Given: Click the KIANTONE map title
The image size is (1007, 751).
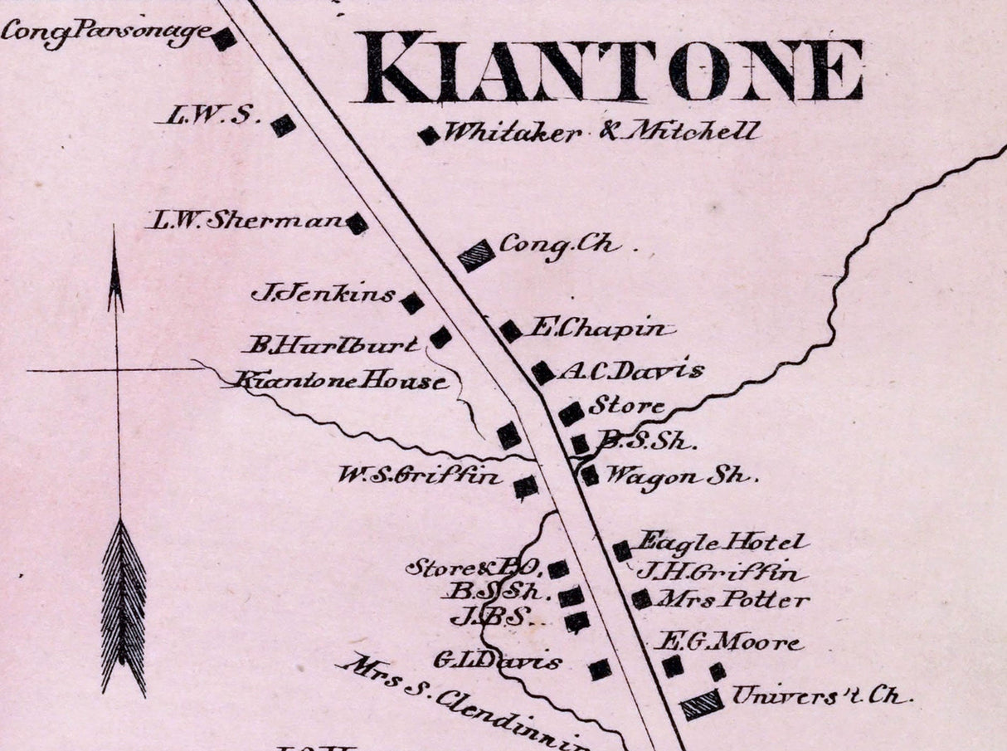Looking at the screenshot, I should tap(612, 68).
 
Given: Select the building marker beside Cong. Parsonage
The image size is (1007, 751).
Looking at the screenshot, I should tap(224, 39).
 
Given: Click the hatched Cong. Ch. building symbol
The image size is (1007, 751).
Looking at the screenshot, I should tap(477, 255).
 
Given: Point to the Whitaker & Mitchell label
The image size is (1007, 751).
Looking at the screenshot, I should tap(601, 132).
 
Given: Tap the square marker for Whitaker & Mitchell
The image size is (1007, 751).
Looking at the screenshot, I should tap(429, 135).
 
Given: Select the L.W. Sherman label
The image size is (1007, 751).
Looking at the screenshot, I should tap(246, 221).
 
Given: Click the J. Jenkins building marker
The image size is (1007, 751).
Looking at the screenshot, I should tap(412, 303).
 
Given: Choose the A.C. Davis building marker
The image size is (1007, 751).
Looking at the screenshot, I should tap(543, 373).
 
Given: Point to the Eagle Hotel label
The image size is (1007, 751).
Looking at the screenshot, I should tap(721, 543).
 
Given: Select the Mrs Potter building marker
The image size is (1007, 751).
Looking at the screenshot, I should tap(641, 598).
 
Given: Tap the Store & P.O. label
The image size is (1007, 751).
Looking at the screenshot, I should tap(473, 568).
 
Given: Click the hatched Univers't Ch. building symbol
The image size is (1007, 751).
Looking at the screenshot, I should tap(703, 705).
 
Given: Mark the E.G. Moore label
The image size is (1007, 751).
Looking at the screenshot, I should tap(728, 641).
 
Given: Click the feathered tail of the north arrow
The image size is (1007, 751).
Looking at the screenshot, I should tap(124, 606).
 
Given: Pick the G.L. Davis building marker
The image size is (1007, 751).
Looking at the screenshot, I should tap(600, 669).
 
